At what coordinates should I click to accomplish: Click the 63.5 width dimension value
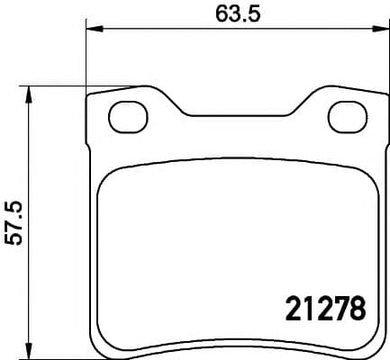click(238, 14)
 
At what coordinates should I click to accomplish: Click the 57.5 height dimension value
click(15, 223)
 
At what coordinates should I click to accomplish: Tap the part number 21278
click(326, 308)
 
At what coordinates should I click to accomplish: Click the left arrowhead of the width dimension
click(95, 29)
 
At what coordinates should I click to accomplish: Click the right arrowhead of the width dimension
click(381, 29)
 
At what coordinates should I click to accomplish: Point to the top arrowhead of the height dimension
click(29, 94)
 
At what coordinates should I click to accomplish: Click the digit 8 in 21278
click(358, 308)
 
